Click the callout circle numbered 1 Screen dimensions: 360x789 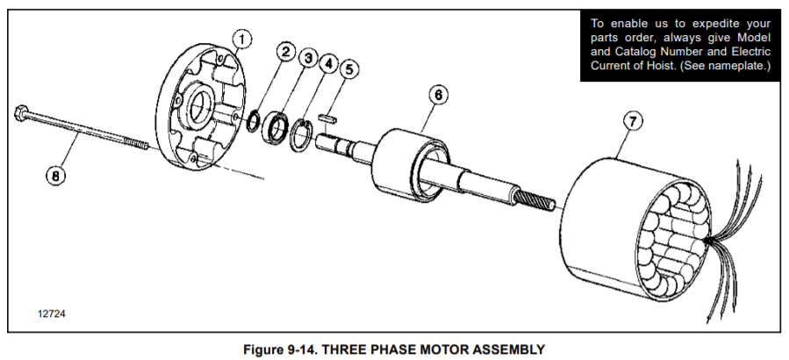point(243,39)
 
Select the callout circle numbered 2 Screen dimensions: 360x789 point(284,52)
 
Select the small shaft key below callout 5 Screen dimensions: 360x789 point(327,112)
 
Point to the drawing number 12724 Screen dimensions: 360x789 point(51,313)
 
